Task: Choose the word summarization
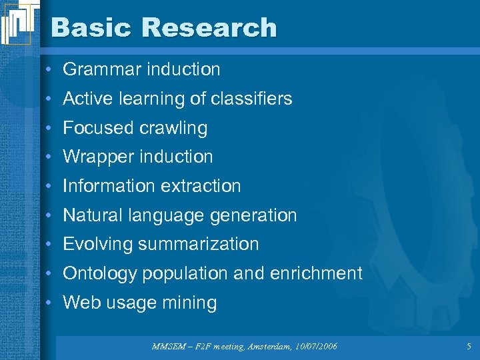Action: [x=199, y=244]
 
